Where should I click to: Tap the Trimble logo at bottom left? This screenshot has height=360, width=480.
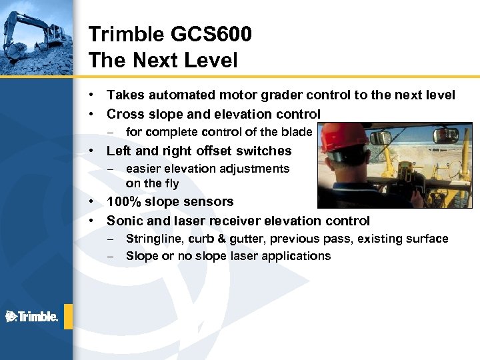(31, 317)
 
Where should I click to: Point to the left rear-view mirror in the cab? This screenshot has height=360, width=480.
(380, 138)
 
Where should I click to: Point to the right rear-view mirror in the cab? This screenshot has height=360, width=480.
(445, 135)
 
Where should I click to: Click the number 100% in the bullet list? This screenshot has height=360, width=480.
(124, 202)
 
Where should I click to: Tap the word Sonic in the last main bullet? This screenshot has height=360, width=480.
(124, 221)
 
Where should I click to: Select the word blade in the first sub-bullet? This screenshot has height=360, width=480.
(298, 132)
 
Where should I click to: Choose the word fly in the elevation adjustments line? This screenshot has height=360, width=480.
(171, 183)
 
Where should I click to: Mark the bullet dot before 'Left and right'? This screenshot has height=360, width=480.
(93, 151)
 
